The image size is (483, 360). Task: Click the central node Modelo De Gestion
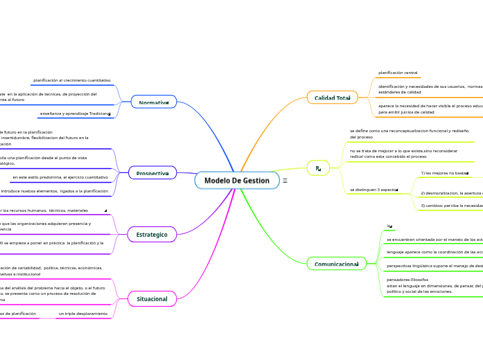[236, 180]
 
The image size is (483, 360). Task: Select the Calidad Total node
[332, 98]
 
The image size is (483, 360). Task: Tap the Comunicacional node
[335, 264]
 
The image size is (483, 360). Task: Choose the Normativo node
[153, 102]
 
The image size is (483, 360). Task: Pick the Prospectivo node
[152, 173]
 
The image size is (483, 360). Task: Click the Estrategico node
[152, 235]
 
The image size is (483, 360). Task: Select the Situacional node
[152, 299]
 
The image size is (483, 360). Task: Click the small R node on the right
[317, 168]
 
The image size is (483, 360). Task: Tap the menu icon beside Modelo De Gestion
[285, 181]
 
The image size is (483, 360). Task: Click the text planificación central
[398, 73]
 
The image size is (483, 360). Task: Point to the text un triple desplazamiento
[82, 314]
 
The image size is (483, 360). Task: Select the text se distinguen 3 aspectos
[374, 189]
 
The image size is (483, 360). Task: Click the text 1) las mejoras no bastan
[444, 173]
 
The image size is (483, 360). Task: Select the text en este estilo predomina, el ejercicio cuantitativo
[60, 177]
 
